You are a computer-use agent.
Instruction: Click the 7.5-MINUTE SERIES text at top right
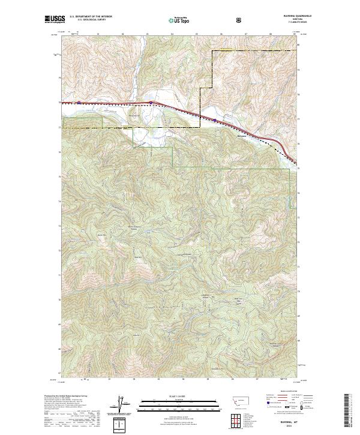284,24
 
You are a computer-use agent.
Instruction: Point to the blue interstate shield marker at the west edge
78,102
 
